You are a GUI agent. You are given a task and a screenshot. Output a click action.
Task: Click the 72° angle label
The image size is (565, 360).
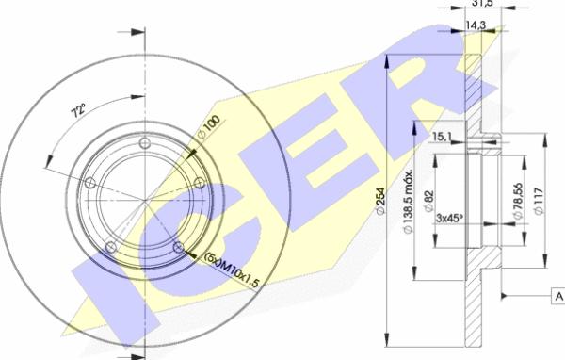[79, 110]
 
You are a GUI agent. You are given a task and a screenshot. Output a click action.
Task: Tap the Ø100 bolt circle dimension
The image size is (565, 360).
[209, 126]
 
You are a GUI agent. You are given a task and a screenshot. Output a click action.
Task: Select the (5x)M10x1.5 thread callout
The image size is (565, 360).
[232, 270]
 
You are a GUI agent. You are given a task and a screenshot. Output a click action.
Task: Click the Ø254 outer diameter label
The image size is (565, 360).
[380, 202]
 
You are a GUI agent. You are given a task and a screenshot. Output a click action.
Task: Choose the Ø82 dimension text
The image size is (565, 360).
[429, 202]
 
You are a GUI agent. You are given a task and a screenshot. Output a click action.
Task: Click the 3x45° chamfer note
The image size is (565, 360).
[449, 219]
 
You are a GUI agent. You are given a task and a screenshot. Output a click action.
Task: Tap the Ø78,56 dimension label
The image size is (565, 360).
[518, 201]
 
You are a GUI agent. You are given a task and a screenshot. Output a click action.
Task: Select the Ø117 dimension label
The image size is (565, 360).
[539, 201]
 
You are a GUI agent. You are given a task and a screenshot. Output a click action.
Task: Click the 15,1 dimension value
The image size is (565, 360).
[442, 137]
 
